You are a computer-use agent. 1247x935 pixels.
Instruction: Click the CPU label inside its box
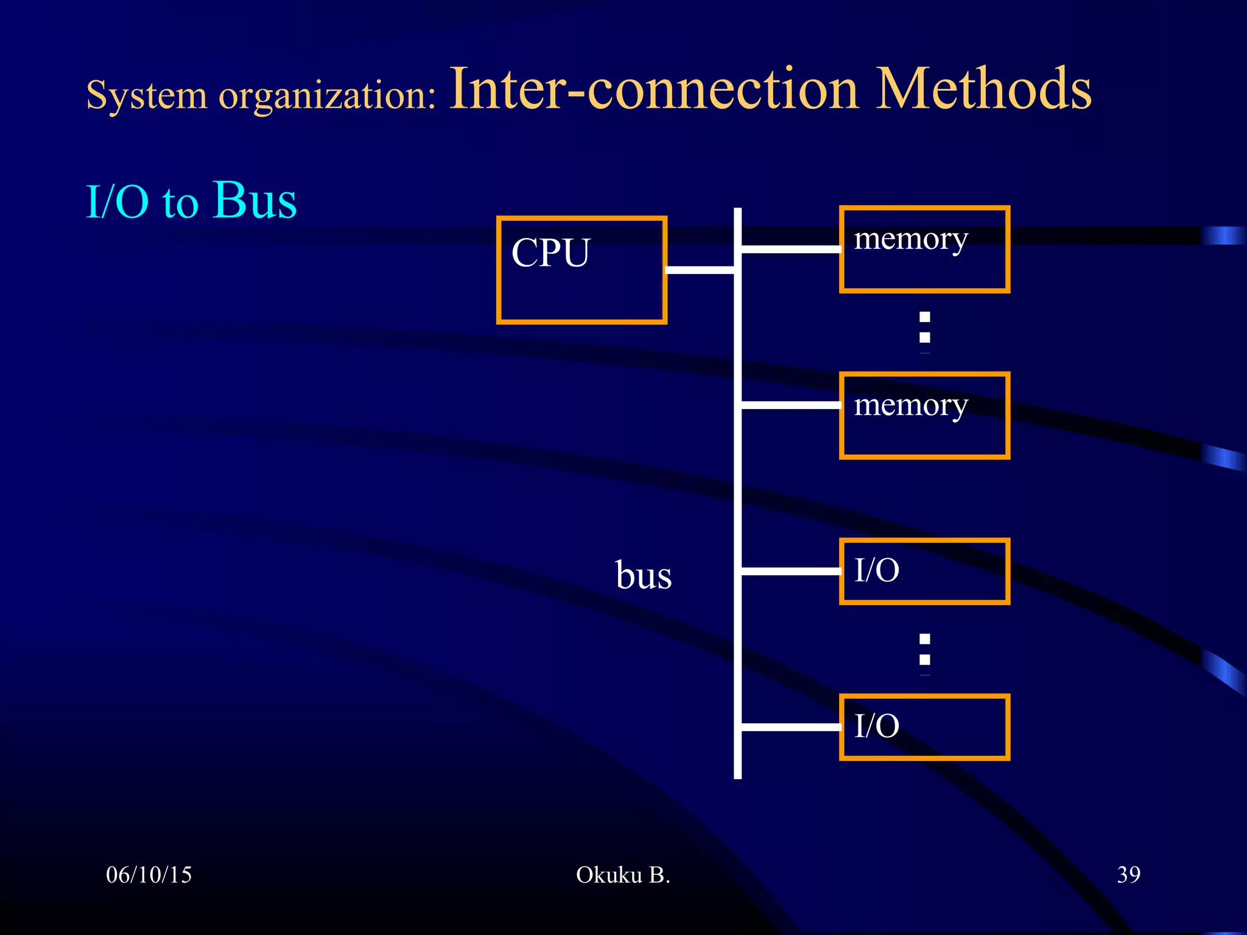pos(550,252)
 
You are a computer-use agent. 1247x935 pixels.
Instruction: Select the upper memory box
pos(924,250)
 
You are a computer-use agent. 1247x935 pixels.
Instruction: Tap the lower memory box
pos(924,415)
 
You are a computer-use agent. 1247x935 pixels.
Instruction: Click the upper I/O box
pos(924,571)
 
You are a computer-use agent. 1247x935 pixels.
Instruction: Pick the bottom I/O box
pos(924,727)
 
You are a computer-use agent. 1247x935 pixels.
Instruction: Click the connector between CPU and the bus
pos(700,270)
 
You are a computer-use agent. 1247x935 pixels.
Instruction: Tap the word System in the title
pos(146,96)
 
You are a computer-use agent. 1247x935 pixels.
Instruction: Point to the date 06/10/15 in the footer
pos(149,875)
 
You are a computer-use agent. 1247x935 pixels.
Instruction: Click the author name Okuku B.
pos(622,875)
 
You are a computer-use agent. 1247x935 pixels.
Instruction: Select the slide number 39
pos(1128,875)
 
